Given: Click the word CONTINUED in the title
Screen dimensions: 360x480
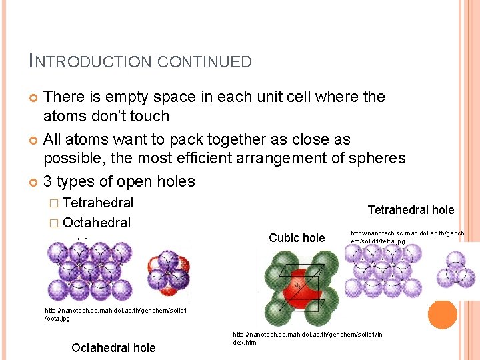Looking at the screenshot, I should click(205, 62).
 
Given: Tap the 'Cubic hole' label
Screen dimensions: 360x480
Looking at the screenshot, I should click(297, 238).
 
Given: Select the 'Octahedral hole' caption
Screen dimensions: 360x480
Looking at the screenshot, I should click(113, 347).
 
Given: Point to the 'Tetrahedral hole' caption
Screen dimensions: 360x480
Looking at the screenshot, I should click(411, 210).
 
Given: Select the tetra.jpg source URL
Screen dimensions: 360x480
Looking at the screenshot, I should click(407, 237).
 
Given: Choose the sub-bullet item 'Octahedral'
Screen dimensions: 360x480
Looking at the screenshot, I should click(97, 223).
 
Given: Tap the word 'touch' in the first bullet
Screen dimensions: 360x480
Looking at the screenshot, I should click(149, 117).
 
